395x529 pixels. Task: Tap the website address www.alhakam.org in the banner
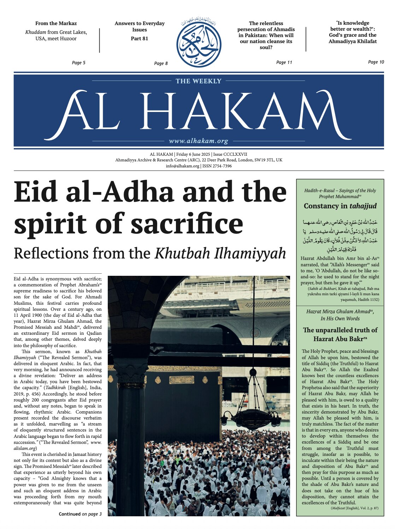(x=199, y=141)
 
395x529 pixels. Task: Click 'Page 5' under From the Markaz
(x=78, y=63)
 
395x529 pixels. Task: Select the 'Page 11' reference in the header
(x=284, y=63)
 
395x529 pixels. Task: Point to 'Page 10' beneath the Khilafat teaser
(x=376, y=62)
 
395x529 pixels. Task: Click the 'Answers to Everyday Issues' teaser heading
(x=140, y=26)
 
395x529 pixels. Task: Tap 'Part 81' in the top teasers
(x=140, y=38)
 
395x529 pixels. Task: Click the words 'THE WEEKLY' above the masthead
(x=199, y=81)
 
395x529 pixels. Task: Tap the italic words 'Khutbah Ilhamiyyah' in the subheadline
(x=220, y=254)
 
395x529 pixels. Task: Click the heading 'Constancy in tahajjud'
(x=340, y=206)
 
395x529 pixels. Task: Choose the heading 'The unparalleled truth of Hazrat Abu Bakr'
(x=340, y=334)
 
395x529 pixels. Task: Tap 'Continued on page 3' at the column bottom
(x=80, y=514)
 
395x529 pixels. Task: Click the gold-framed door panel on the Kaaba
(x=182, y=380)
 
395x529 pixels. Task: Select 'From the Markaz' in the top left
(x=56, y=23)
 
